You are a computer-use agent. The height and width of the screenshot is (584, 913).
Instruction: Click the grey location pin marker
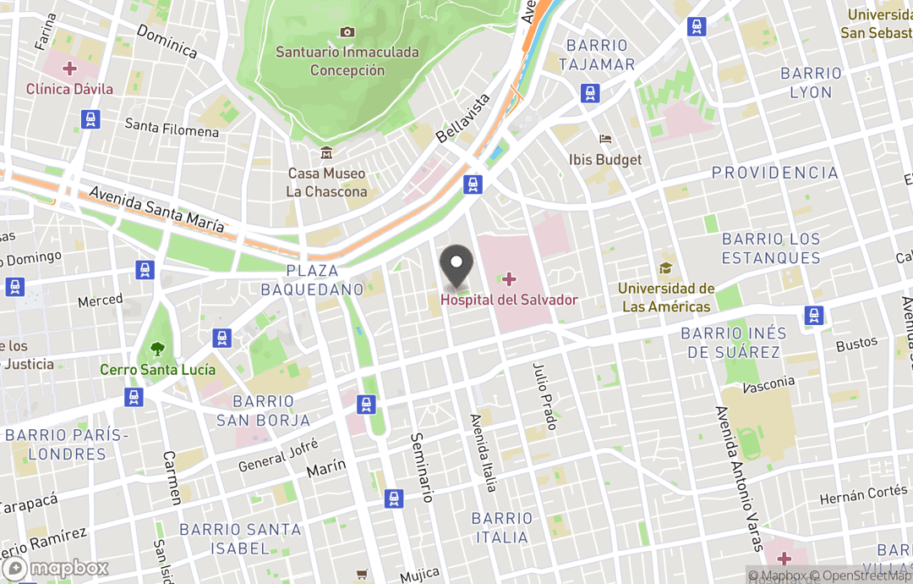coord(457,265)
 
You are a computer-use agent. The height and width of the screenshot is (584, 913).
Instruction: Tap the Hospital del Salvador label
coord(509,300)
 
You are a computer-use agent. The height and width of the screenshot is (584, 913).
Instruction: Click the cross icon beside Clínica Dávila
coord(69,68)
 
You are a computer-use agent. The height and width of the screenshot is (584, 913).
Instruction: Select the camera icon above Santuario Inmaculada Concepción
coord(347,32)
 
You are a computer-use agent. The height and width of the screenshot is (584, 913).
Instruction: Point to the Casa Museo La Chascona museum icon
coord(326,153)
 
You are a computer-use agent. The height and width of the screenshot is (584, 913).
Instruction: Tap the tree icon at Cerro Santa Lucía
coord(157,348)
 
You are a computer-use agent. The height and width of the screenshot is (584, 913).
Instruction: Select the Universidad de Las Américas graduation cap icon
coord(666,268)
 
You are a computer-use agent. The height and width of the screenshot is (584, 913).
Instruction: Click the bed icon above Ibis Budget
coord(605,139)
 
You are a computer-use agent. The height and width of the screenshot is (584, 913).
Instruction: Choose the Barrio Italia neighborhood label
coord(502,526)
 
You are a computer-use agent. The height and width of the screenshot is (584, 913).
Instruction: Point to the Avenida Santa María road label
coord(157,210)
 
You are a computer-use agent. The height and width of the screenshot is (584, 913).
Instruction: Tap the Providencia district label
coord(774,173)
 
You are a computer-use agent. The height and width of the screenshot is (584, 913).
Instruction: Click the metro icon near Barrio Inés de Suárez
coord(814,316)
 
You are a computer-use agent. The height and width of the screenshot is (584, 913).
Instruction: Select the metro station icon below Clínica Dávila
coord(91,119)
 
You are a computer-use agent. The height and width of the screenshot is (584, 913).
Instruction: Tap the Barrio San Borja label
coord(263,410)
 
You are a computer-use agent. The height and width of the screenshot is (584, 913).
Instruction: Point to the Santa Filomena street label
coord(172,128)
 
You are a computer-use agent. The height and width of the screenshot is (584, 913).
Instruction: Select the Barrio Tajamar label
coord(597,55)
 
